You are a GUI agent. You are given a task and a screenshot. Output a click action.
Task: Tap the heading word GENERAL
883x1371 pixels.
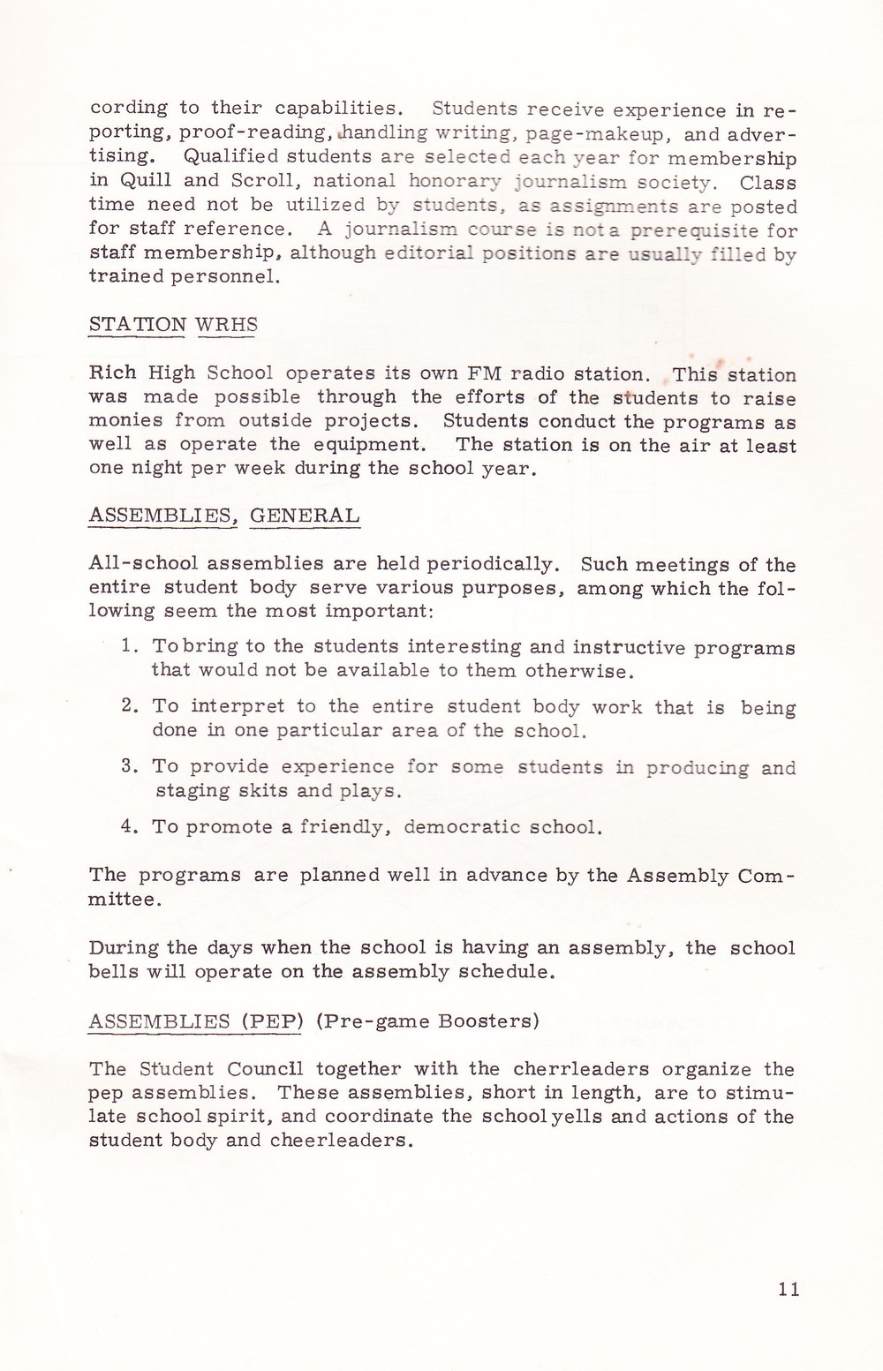point(305,516)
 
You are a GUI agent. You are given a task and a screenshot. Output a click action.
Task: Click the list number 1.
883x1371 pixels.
point(127,647)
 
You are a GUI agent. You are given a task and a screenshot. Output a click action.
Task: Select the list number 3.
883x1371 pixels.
point(127,766)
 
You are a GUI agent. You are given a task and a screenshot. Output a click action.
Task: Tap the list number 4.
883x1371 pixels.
point(127,827)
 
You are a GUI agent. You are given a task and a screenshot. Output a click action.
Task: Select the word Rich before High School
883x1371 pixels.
point(109,373)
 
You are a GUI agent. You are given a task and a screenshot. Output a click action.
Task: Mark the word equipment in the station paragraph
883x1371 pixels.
point(371,444)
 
